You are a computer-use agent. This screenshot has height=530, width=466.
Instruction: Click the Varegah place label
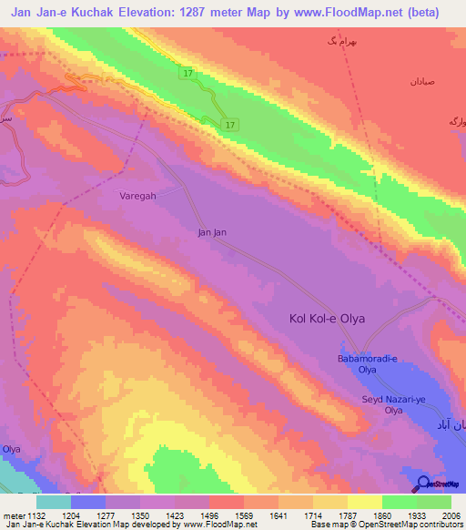click(138, 196)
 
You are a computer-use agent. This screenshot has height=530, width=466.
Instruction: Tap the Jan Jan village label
click(211, 232)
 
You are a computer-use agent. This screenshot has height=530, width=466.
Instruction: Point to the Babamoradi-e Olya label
click(367, 364)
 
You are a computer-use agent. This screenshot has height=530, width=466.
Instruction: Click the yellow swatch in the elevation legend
click(365, 502)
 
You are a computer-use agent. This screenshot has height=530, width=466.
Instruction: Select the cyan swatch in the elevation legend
click(54, 502)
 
